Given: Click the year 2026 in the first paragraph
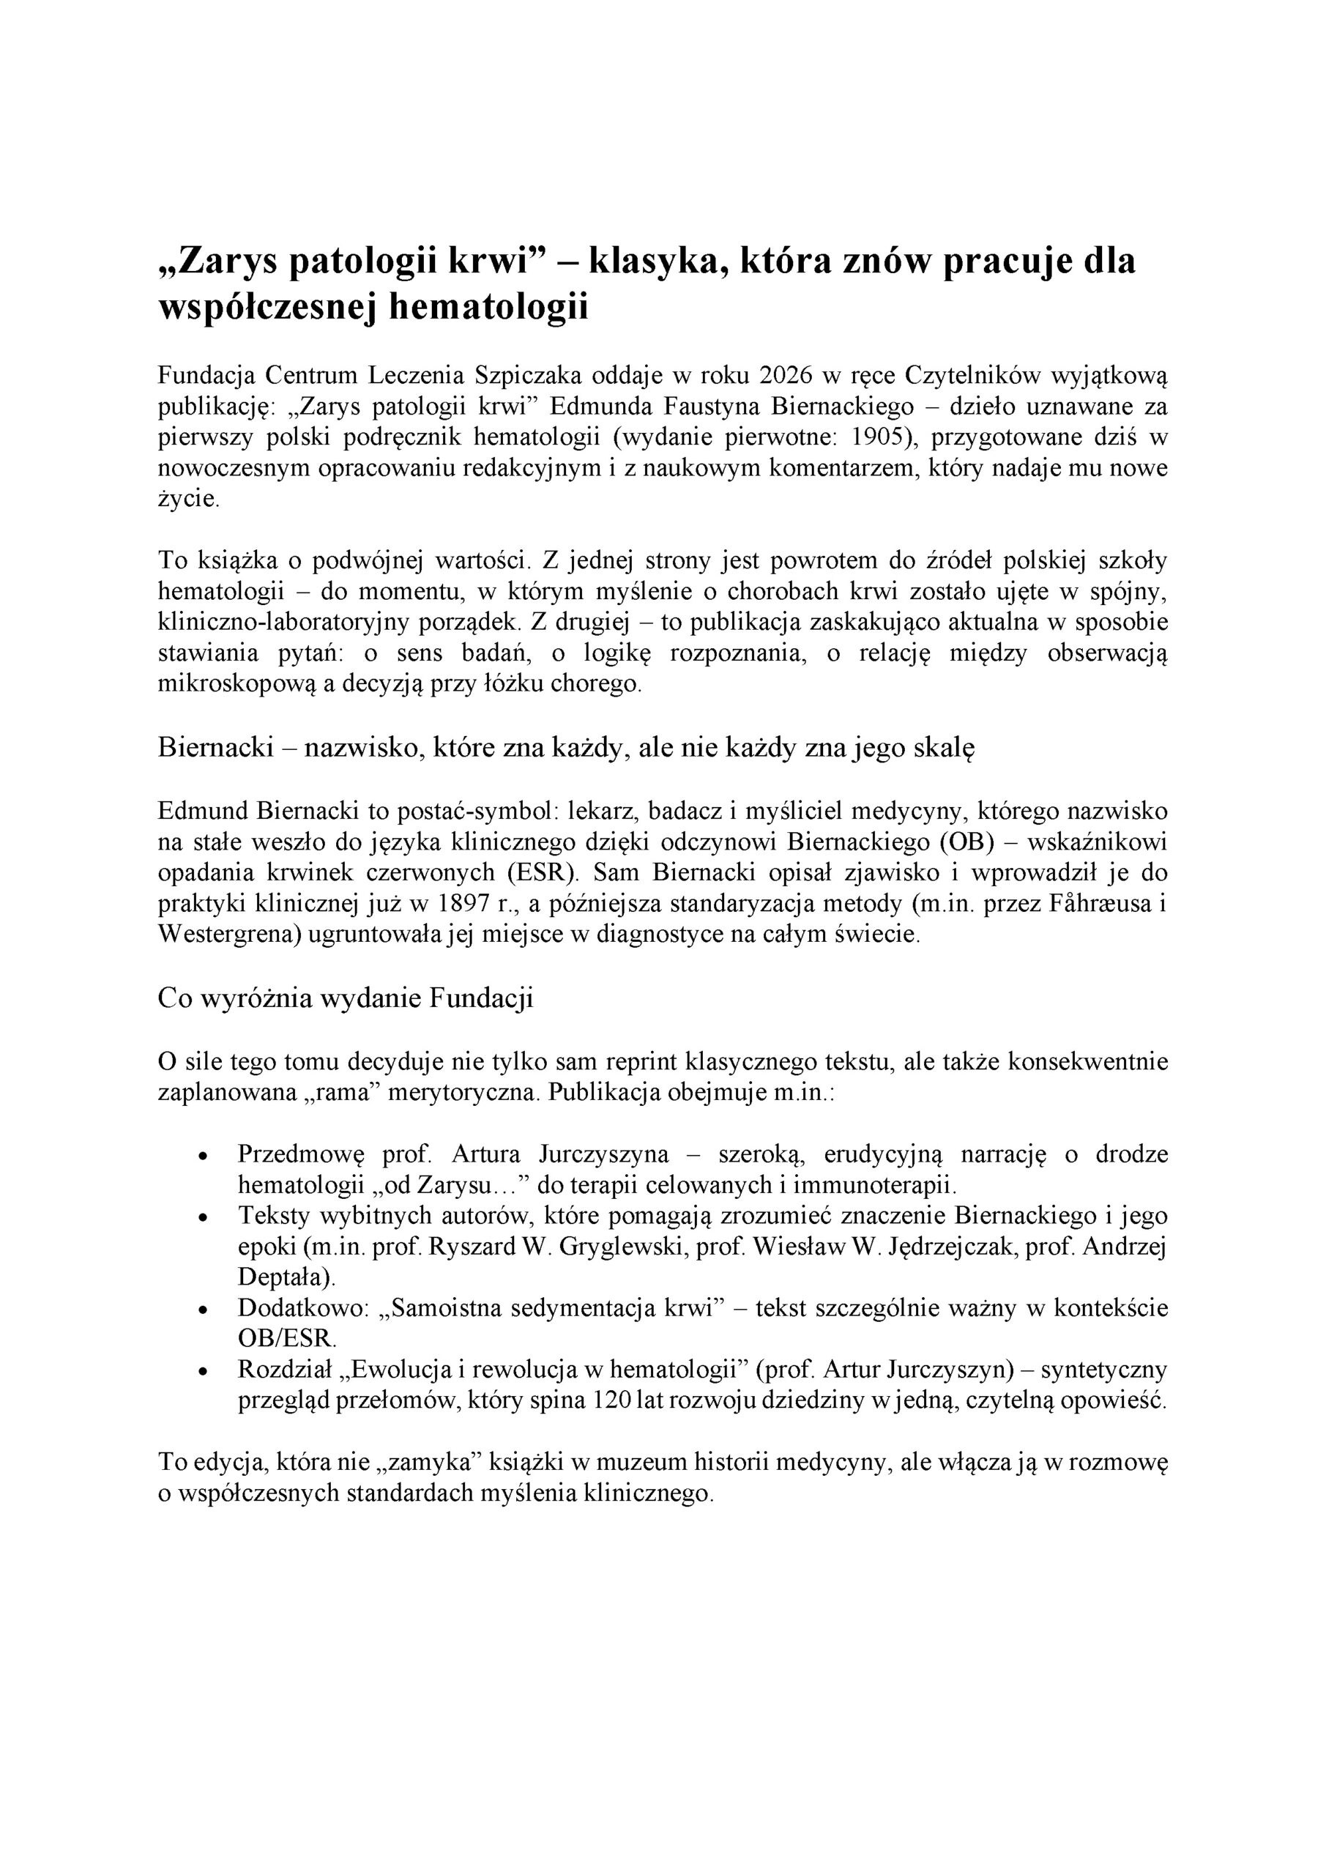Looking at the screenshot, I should (786, 376).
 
